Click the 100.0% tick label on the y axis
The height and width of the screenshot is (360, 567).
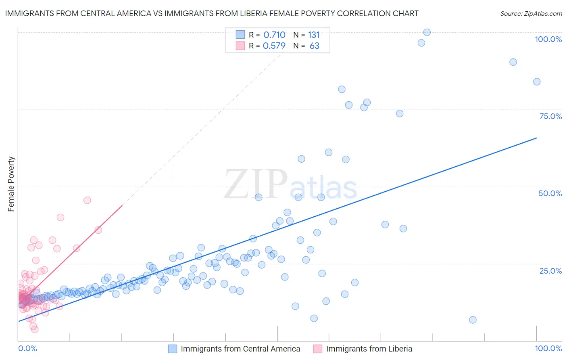548,39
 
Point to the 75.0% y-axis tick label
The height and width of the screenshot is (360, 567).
550,116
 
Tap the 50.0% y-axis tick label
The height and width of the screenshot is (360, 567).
550,193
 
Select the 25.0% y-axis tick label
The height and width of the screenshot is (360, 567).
550,270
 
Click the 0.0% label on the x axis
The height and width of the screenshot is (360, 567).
27,348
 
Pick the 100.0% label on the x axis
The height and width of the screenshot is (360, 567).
548,348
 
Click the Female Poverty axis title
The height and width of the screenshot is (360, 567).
11,184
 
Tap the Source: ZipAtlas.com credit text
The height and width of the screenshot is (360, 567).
531,13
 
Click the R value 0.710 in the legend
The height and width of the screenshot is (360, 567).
274,35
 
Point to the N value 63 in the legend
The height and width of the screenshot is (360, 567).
314,46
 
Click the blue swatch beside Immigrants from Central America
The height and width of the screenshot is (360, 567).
173,349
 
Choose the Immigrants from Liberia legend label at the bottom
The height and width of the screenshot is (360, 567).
369,349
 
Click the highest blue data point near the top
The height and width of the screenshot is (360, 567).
427,32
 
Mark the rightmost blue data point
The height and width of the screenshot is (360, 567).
537,82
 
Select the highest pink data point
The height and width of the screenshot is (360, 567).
87,200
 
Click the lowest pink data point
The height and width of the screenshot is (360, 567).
35,329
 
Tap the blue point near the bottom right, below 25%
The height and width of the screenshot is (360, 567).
473,320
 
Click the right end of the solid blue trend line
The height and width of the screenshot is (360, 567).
537,138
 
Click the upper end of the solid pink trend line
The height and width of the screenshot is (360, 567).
122,205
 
